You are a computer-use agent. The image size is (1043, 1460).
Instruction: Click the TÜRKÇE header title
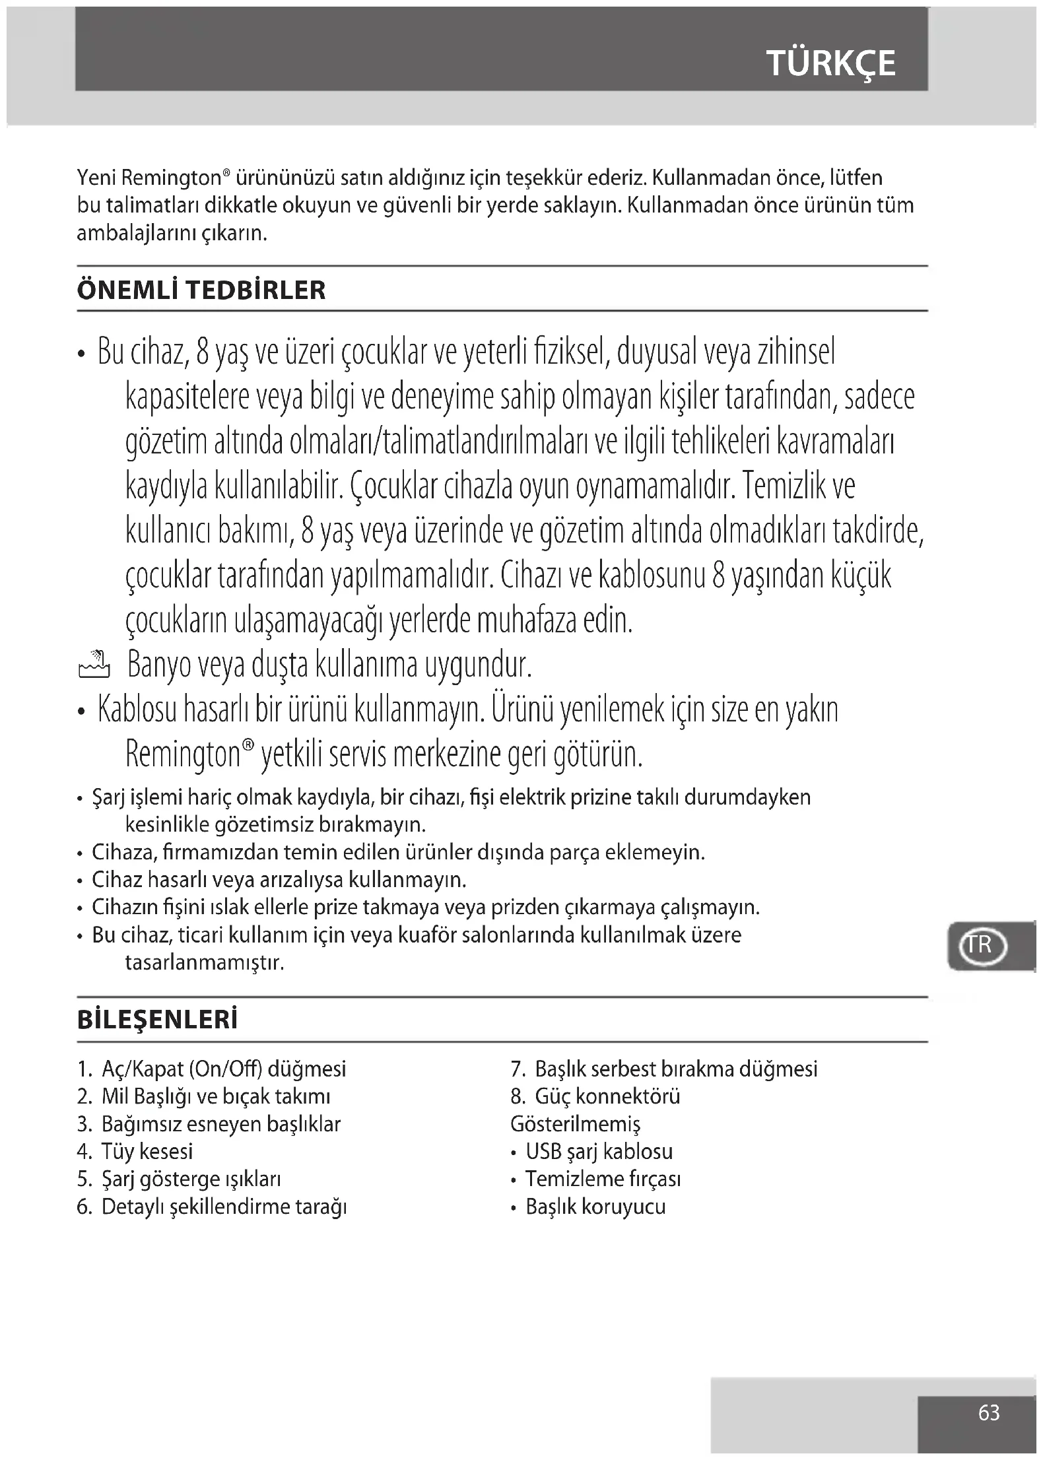[830, 63]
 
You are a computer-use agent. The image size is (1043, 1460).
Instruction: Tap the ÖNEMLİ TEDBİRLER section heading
[201, 290]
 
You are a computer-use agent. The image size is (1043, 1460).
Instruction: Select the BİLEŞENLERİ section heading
[157, 1020]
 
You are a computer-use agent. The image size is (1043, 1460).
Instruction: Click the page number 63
[988, 1412]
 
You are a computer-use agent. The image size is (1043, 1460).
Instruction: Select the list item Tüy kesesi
[147, 1152]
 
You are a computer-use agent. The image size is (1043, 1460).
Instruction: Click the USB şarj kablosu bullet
[599, 1152]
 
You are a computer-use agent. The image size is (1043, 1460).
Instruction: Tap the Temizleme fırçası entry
[602, 1179]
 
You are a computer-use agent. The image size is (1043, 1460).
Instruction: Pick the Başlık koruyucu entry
[595, 1207]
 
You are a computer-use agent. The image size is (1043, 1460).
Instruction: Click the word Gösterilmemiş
[575, 1124]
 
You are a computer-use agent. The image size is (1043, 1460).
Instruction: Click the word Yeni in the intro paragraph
[97, 178]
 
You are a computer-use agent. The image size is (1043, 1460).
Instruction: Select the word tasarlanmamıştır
[205, 963]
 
